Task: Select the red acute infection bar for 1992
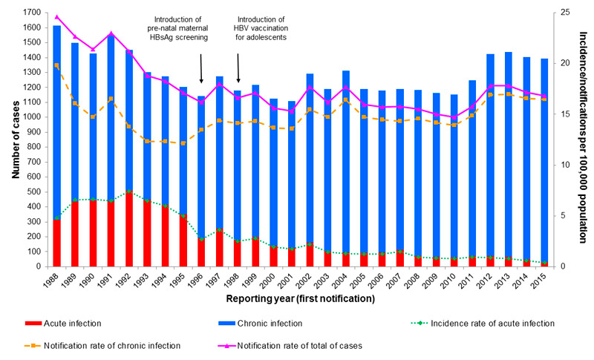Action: [x=129, y=230]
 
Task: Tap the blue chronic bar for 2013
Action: [x=509, y=148]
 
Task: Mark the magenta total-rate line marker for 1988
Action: [x=56, y=16]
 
